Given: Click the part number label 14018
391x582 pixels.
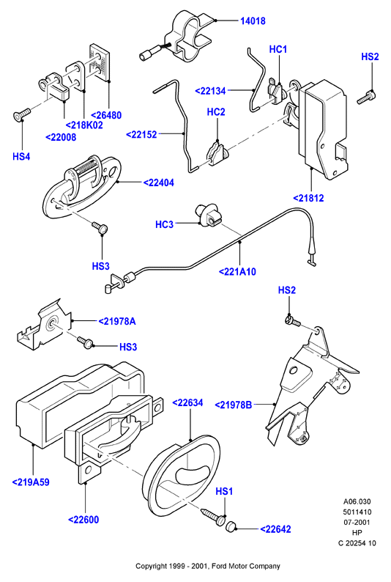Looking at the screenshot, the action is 253,21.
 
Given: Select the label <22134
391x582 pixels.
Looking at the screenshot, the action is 210,91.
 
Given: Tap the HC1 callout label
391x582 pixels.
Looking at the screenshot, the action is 278,49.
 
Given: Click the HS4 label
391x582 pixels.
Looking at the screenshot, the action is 21,156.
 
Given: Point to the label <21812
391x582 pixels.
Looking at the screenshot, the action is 308,198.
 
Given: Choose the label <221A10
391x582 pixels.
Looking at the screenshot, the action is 237,272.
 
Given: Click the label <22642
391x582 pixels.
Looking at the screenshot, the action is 275,529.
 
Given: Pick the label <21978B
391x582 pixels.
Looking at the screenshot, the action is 234,405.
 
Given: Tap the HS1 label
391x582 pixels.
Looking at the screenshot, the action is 224,491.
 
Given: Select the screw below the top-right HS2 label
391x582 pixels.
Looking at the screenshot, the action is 366,97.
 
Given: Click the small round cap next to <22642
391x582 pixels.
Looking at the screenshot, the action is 231,526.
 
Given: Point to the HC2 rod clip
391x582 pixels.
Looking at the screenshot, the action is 216,152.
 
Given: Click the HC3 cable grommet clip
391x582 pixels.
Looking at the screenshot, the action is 207,216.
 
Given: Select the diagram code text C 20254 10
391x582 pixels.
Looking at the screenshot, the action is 357,543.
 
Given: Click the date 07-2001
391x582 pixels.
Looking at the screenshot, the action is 357,522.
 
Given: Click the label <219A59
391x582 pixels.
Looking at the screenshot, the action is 31,482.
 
